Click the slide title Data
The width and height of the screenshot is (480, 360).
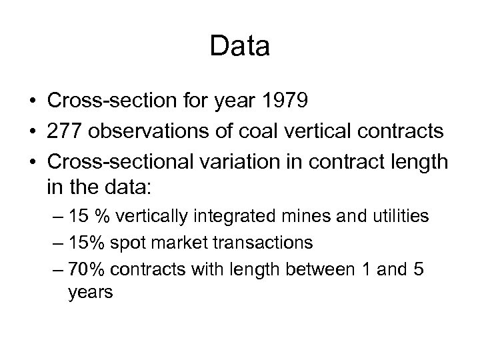click(239, 47)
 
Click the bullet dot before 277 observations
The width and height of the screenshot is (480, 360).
click(31, 131)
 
